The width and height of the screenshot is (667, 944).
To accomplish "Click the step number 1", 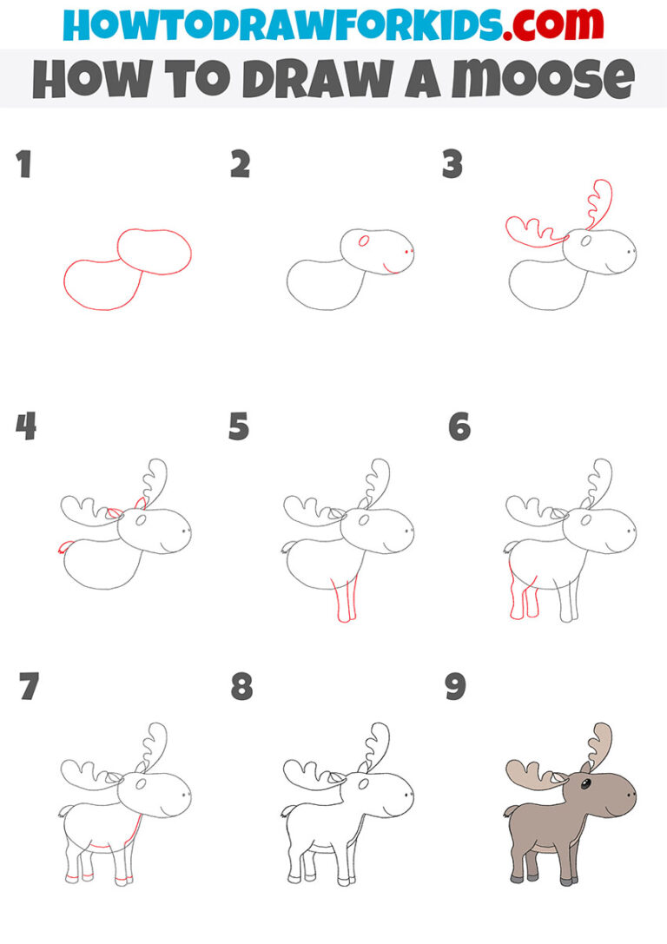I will tap(23, 164).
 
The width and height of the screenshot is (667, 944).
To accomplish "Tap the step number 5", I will tap(239, 426).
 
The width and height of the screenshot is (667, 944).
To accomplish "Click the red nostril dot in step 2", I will tap(408, 252).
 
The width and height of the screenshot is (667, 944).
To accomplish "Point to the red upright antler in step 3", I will tap(599, 204).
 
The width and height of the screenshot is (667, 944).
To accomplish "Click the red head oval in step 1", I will tap(155, 252).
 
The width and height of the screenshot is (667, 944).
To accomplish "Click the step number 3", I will tap(452, 164).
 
